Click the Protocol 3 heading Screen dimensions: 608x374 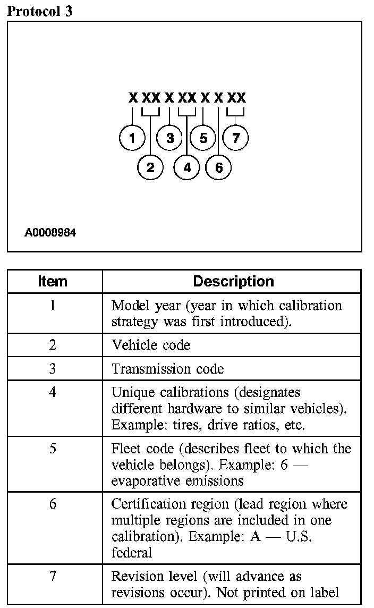39,12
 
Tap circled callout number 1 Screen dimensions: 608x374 132,138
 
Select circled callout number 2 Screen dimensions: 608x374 150,167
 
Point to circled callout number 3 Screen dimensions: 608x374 170,138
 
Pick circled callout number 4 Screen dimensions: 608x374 187,167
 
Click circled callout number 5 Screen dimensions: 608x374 203,138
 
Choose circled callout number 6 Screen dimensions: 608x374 219,167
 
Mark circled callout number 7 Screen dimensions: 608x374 236,138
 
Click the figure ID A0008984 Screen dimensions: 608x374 50,233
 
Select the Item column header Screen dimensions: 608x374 53,281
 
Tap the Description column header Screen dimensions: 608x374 233,281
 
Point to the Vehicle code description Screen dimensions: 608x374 151,345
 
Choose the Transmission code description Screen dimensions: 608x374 168,369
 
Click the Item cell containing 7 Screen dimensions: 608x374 53,577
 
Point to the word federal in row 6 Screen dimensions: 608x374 132,552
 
